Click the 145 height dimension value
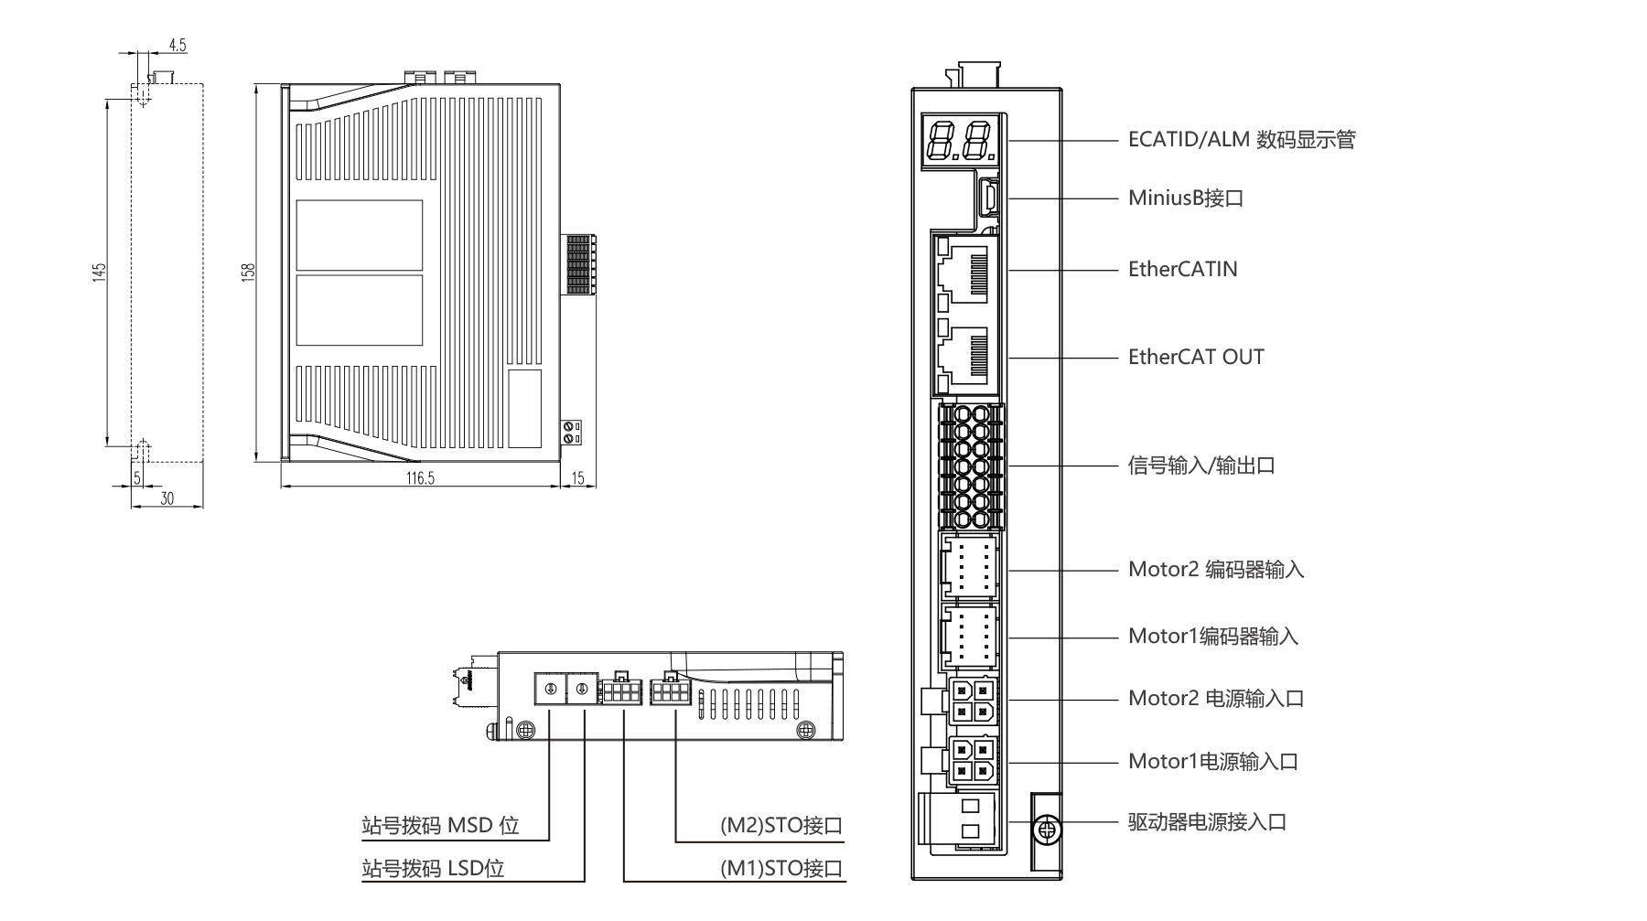click(100, 273)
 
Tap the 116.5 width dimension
click(420, 478)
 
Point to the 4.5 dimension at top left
click(178, 45)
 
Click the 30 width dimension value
click(167, 498)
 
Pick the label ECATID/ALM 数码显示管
click(1241, 140)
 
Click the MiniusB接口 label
click(1186, 198)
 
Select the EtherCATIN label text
click(1182, 269)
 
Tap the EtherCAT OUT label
click(1196, 357)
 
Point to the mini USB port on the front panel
click(989, 197)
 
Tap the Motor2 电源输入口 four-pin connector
click(971, 701)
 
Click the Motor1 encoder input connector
click(970, 637)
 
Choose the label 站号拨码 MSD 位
click(440, 826)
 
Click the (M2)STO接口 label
click(780, 826)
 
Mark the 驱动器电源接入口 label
click(1207, 821)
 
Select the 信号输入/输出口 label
click(1201, 466)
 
